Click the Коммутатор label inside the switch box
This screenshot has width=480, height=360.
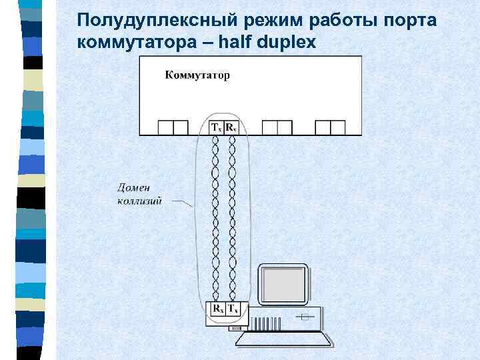coord(197,75)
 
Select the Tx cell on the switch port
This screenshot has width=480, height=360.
coord(216,127)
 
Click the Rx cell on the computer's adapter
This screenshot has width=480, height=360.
coord(217,309)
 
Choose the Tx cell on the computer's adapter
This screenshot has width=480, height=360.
coord(233,309)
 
